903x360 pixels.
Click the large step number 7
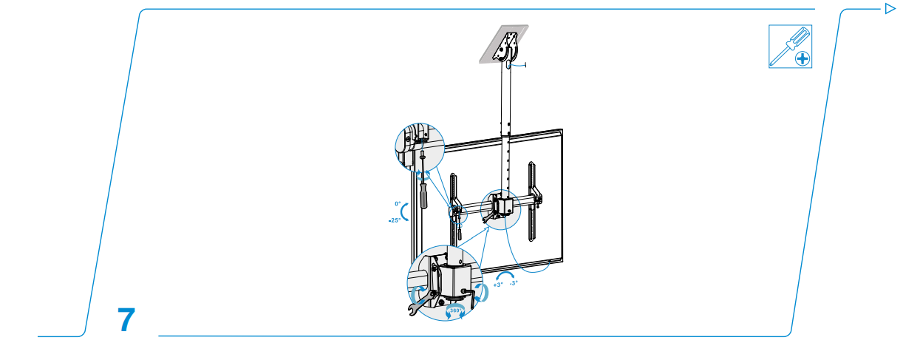(126, 319)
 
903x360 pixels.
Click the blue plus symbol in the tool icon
(801, 58)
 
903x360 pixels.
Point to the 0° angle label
(397, 203)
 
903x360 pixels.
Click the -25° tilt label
(395, 220)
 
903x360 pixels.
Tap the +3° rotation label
(498, 284)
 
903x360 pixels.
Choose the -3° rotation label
(514, 282)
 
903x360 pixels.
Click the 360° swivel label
(456, 310)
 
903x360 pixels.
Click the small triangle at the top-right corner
(890, 9)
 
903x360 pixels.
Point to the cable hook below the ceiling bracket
(519, 66)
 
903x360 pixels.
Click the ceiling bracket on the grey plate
(506, 46)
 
